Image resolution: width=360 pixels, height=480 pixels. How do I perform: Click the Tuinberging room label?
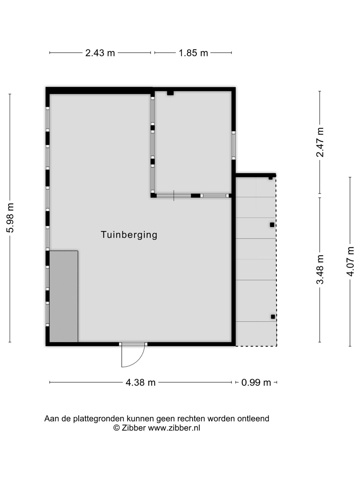[129, 235]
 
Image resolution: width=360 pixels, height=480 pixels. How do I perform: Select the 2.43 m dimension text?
[100, 53]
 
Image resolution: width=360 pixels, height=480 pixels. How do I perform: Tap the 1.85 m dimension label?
[193, 53]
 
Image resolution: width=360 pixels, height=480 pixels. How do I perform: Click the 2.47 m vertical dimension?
[320, 142]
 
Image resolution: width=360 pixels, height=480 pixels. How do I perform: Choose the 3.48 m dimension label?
[320, 269]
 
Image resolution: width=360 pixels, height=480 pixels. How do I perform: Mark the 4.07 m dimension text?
[350, 261]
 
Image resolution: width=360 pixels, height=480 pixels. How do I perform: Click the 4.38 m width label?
[140, 382]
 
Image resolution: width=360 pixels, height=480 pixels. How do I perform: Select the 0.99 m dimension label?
[256, 382]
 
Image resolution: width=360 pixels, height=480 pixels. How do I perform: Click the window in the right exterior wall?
[233, 145]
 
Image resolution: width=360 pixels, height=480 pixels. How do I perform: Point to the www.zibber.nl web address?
[174, 428]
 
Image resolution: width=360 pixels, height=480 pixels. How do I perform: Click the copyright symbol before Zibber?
[116, 428]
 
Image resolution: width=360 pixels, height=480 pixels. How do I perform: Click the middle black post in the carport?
[272, 225]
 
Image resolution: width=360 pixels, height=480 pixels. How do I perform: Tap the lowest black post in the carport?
[273, 317]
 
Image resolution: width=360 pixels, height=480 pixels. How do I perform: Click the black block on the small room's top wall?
[170, 93]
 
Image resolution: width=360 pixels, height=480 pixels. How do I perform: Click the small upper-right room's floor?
[193, 143]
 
